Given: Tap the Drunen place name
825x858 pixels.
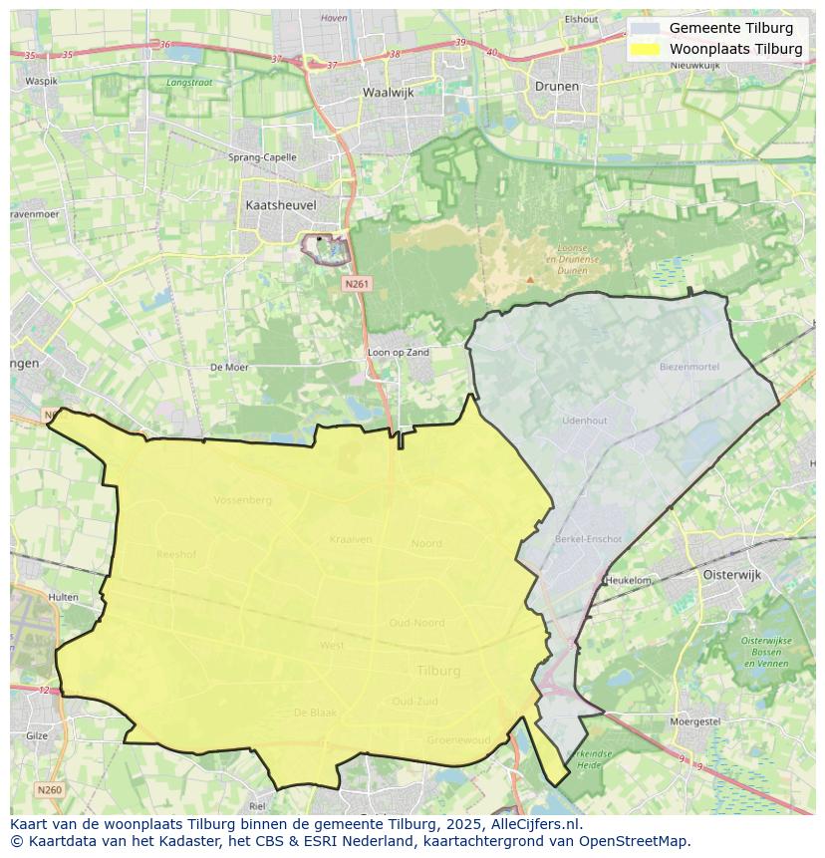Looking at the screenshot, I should point(556,86).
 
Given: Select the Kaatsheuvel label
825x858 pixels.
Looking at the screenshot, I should point(280,204).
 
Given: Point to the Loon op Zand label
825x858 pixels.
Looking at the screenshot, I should point(399,353).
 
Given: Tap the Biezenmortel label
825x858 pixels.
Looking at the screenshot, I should point(688,367).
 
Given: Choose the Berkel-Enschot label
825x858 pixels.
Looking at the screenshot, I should point(588,539).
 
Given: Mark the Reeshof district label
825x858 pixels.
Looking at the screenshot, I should point(176,553).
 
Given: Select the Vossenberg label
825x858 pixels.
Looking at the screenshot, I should point(242,500).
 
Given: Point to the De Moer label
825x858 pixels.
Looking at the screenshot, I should point(229,368).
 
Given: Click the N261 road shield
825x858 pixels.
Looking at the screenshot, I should point(358,284).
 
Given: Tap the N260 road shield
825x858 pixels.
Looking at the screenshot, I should point(49,790).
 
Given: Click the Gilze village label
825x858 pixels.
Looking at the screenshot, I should point(37,735).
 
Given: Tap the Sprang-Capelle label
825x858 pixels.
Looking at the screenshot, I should point(262,157).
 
